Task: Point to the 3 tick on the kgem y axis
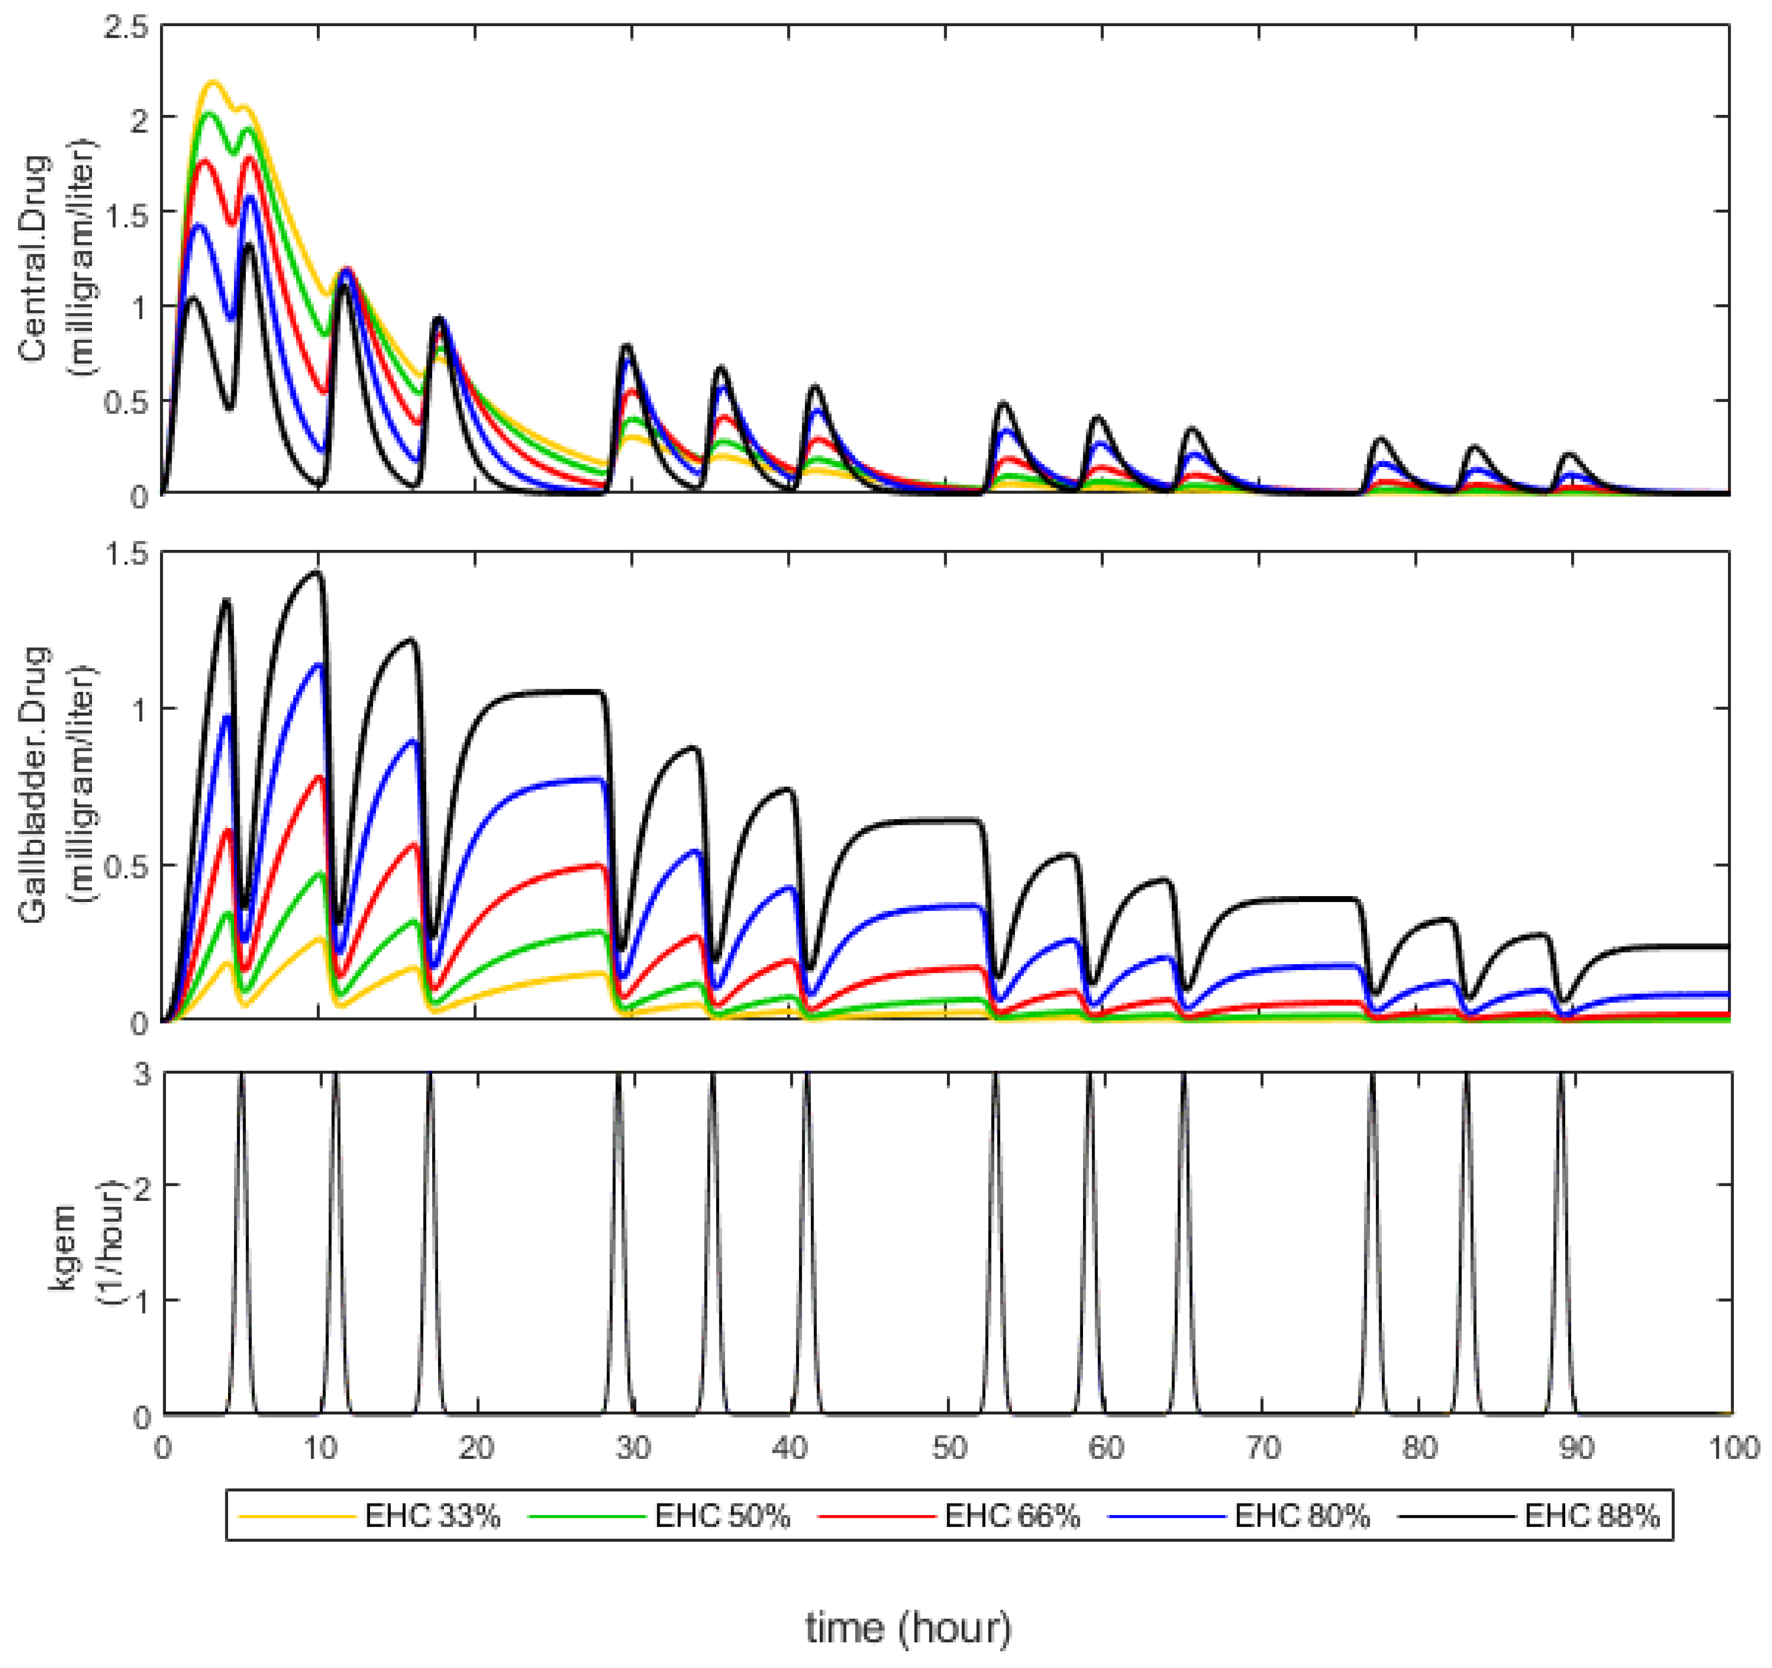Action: (x=141, y=1074)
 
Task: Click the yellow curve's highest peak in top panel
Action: (x=213, y=82)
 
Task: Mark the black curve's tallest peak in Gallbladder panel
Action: (x=316, y=572)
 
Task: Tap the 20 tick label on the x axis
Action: (x=477, y=1448)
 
